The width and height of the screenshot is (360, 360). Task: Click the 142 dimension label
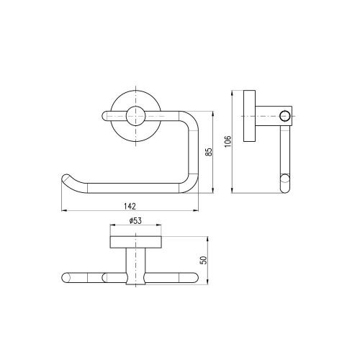coord(130,206)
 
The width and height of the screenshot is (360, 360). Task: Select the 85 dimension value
coord(210,152)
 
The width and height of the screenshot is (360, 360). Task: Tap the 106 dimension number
coord(228,141)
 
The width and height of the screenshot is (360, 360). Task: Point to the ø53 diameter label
coord(135,221)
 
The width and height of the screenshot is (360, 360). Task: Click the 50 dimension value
coord(204,260)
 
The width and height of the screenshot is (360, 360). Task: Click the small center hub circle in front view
coord(136,116)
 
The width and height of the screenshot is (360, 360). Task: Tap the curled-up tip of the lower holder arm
coord(66,178)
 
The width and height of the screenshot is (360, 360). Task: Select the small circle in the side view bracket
coord(284,116)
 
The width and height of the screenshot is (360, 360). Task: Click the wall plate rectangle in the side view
coord(250,116)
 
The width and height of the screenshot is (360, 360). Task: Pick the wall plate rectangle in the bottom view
coord(136,242)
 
